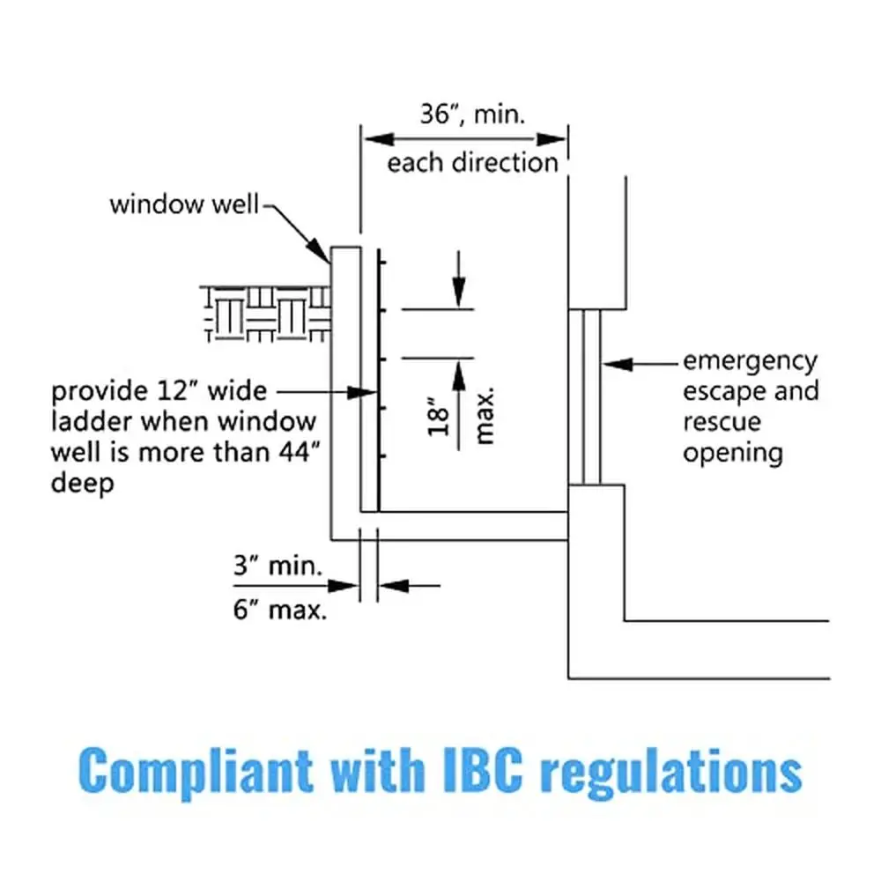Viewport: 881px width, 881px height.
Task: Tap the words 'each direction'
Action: point(472,163)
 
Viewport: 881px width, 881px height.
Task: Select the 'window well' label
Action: point(184,204)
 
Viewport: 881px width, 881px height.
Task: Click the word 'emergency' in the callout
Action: point(750,361)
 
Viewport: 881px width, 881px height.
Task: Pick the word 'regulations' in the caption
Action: point(670,772)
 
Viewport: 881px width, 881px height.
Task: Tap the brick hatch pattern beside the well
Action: point(264,313)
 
